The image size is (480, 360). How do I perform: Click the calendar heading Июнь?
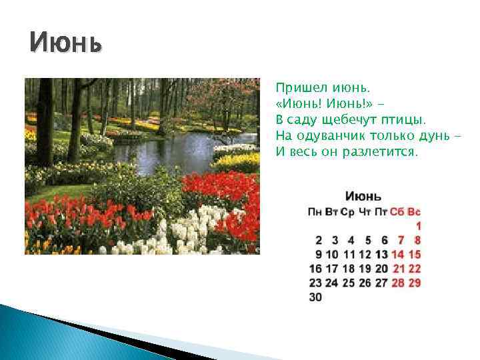tap(363, 197)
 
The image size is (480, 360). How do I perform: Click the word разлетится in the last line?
tap(383, 152)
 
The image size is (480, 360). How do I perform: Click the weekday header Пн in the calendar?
tap(315, 212)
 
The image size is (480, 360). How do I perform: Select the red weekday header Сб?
tap(397, 212)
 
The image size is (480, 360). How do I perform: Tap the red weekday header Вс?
tap(415, 212)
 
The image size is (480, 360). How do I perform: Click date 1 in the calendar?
tap(418, 226)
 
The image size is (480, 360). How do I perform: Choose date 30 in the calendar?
tap(315, 297)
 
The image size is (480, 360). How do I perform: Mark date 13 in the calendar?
tap(381, 254)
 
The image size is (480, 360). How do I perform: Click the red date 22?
tap(415, 269)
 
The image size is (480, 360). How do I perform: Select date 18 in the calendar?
tap(349, 269)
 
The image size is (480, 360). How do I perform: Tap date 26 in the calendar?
tap(365, 283)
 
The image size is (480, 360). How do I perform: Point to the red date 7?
tap(401, 240)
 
